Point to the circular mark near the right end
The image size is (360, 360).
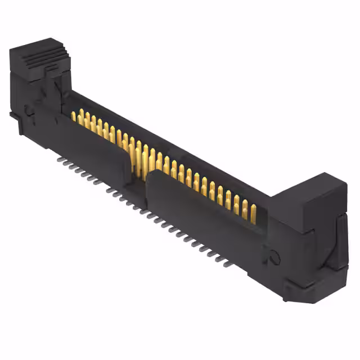274,256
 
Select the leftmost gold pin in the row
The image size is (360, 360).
73,116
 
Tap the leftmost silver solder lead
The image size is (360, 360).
60,159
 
